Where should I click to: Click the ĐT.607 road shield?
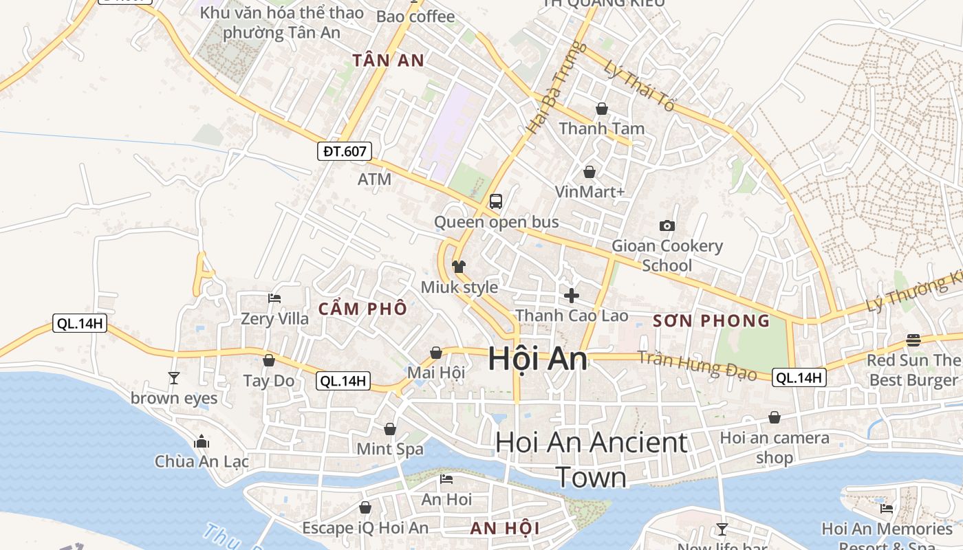pyautogui.click(x=345, y=151)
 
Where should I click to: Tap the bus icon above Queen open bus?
pyautogui.click(x=495, y=201)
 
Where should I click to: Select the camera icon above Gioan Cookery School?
pyautogui.click(x=667, y=225)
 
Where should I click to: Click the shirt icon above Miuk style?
pyautogui.click(x=459, y=266)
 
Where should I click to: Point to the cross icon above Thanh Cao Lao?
pyautogui.click(x=571, y=296)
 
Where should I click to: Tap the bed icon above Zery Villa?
pyautogui.click(x=274, y=298)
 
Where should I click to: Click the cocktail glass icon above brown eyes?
pyautogui.click(x=174, y=377)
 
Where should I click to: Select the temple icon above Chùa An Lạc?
pyautogui.click(x=202, y=441)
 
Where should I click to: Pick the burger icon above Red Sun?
pyautogui.click(x=913, y=340)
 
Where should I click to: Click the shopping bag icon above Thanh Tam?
pyautogui.click(x=602, y=109)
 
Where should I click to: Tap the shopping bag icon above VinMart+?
pyautogui.click(x=589, y=171)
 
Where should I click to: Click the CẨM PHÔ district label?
pyautogui.click(x=363, y=309)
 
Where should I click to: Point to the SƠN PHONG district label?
pyautogui.click(x=711, y=321)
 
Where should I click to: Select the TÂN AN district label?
pyautogui.click(x=389, y=60)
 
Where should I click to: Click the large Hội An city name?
pyautogui.click(x=538, y=359)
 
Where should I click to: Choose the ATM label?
pyautogui.click(x=374, y=179)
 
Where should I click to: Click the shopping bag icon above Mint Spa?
pyautogui.click(x=390, y=429)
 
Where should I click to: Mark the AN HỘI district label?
pyautogui.click(x=505, y=528)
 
